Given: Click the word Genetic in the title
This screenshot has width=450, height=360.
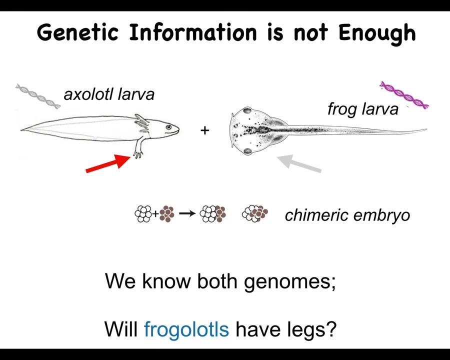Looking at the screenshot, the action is coord(77,32).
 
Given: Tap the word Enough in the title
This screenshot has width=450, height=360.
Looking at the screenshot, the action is coord(377,33).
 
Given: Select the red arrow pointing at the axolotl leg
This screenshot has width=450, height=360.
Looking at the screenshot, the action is coord(108,163).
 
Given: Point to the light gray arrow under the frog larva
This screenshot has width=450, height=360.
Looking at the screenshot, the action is coord(299,163).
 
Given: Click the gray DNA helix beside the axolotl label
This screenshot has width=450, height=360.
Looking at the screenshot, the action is coord(38,96).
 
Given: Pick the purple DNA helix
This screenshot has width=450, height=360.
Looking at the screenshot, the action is coord(404,95).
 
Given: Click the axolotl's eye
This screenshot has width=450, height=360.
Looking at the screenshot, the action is coord(168,127).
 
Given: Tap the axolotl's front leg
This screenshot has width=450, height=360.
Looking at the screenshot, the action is coord(139,146).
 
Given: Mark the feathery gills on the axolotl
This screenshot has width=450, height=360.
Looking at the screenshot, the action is coord(142,123).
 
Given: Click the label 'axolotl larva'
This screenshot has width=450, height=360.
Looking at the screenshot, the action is coord(109,94).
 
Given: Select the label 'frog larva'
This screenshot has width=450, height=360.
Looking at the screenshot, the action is coord(363,109).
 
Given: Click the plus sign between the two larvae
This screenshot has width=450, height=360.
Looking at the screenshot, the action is coord(205,130).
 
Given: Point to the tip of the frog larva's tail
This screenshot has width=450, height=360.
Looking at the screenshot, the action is coord(426,129).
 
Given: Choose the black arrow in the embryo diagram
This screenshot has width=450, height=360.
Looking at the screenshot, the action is coord(187,213).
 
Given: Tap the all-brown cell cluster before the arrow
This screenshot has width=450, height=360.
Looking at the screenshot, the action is coord(167,214).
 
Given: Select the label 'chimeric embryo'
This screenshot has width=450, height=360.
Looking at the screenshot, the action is coord(347,215).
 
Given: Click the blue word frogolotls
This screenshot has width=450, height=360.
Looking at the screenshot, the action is coord(186,329).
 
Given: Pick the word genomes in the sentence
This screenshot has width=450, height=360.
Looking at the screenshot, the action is coord(290,282).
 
